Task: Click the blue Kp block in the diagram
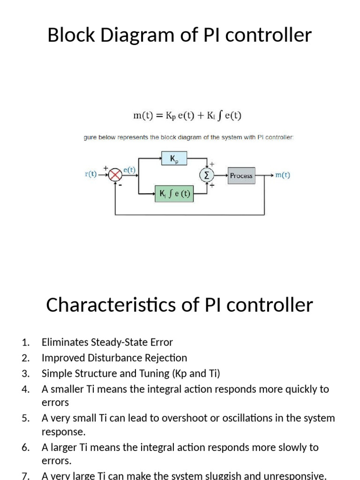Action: click(x=173, y=159)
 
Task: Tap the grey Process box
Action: click(x=241, y=176)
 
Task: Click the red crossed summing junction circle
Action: click(x=115, y=175)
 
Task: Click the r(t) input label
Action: click(x=91, y=174)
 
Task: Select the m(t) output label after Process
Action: click(x=282, y=175)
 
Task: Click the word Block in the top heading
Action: click(x=71, y=35)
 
